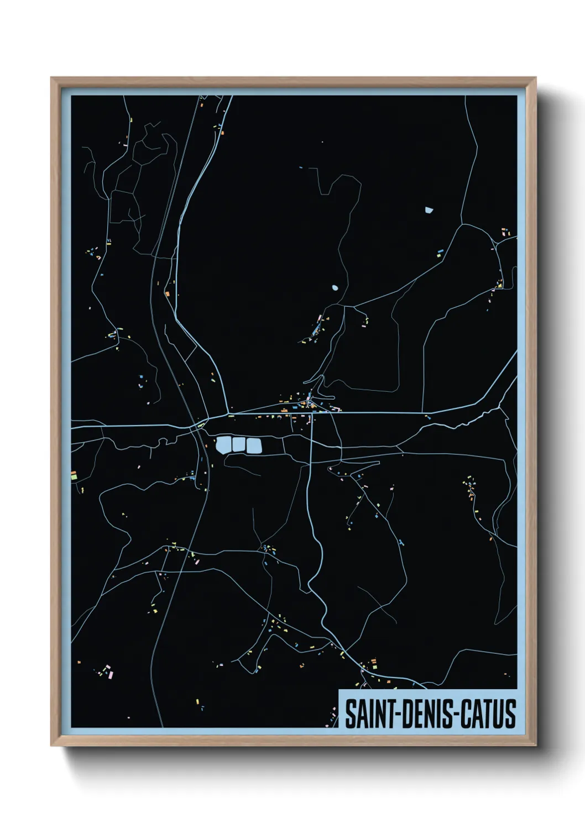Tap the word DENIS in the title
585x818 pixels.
[424, 714]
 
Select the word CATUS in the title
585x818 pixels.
[488, 714]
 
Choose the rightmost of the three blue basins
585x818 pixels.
[253, 446]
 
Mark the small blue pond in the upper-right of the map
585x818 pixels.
[429, 210]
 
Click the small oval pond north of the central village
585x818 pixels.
[335, 288]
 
